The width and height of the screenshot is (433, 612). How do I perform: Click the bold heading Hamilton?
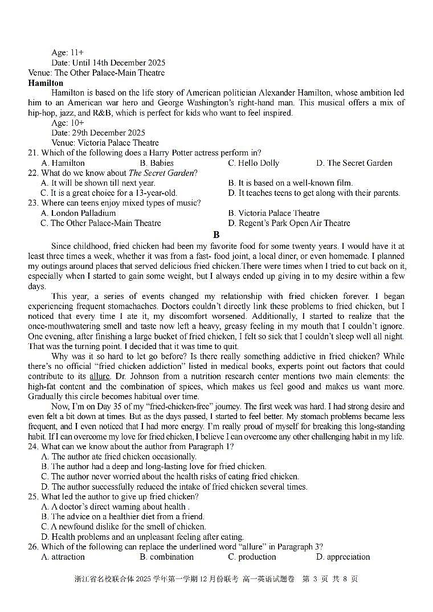tap(46, 83)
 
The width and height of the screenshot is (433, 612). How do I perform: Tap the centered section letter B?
tap(216, 235)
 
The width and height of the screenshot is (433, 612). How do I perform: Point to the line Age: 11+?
tap(67, 53)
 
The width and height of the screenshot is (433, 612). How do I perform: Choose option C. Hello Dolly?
tap(254, 163)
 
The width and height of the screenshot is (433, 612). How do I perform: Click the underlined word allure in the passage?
tap(99, 377)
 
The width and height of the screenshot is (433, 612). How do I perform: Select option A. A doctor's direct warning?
tap(114, 507)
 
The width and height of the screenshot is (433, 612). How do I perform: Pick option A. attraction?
tap(63, 557)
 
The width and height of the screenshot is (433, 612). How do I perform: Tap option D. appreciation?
tap(342, 557)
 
